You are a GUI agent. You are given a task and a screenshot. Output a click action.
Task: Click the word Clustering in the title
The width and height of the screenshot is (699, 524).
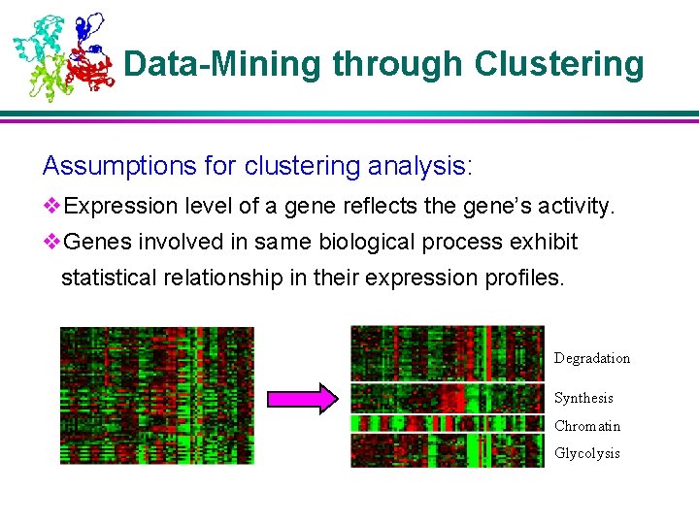(558, 65)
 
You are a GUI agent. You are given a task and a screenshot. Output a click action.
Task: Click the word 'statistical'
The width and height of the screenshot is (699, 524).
(106, 278)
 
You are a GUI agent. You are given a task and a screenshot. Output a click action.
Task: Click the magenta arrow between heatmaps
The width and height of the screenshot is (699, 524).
(302, 398)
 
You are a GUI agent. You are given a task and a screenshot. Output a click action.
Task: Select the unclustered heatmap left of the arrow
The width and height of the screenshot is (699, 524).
(156, 395)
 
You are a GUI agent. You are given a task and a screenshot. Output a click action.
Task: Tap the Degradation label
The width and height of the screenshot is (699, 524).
(591, 358)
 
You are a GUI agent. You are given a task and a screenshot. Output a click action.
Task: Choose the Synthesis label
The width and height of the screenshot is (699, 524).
(583, 398)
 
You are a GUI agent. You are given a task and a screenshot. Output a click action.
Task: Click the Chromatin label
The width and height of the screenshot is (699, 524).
(587, 426)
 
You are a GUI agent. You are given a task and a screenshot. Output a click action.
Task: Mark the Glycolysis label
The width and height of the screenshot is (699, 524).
(586, 453)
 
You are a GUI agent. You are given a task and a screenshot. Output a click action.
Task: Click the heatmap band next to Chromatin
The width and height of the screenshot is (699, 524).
(447, 424)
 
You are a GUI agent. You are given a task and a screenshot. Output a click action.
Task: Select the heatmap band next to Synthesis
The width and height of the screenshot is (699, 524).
(447, 398)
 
